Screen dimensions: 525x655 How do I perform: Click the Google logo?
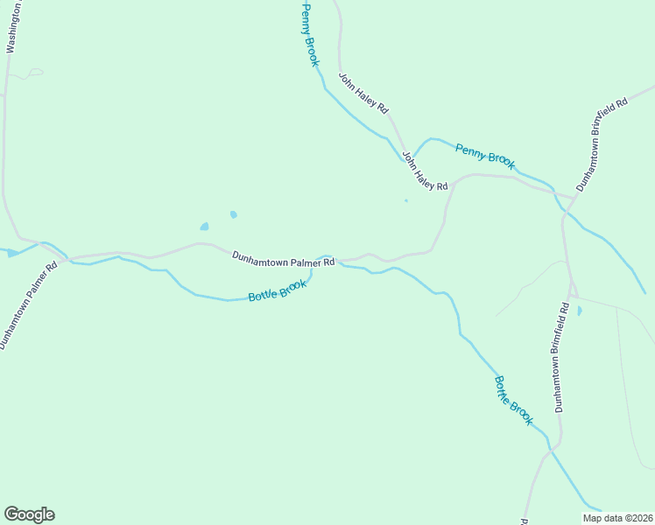point(29,514)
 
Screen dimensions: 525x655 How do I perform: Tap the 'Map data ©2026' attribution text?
point(616,518)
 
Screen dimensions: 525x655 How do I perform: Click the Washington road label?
point(13,28)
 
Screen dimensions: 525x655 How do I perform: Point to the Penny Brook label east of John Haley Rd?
point(485,156)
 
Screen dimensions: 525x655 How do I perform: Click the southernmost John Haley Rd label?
point(425,171)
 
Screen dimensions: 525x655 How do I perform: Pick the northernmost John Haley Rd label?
point(363,94)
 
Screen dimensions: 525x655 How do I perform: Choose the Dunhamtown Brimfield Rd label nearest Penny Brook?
point(602,144)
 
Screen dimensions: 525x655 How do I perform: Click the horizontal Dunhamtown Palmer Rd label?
point(284,259)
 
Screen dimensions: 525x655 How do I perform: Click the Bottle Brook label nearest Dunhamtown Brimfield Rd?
point(513,401)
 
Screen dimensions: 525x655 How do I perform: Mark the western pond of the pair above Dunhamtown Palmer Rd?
point(204,227)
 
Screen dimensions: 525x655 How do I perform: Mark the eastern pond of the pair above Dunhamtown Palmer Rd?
point(233,214)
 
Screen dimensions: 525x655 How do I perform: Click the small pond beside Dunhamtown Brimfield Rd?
point(579,310)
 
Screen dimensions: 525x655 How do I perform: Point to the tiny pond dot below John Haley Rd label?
point(405,200)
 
